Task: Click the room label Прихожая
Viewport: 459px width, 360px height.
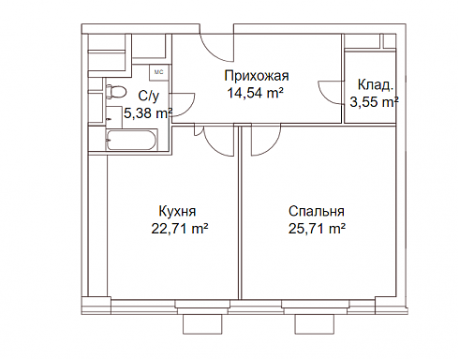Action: point(257,76)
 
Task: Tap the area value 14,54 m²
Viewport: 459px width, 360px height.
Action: point(255,93)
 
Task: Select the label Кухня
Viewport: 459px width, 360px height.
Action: point(177,211)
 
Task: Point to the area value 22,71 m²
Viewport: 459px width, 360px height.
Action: point(180,229)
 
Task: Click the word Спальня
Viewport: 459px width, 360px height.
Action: point(317,211)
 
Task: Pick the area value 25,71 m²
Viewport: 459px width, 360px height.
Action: point(317,229)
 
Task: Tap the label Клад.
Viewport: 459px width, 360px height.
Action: point(375,85)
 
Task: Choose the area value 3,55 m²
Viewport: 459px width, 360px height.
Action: point(374,102)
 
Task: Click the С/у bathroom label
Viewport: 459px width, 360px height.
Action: point(149,97)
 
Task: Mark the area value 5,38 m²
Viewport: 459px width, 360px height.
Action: point(148,113)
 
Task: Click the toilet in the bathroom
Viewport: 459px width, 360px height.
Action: point(116,92)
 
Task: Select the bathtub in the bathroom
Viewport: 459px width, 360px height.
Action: point(131,140)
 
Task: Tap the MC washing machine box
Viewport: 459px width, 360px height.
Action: point(159,72)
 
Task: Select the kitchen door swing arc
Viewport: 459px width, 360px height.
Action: point(213,146)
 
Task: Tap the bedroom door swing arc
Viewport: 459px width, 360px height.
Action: point(272,147)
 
